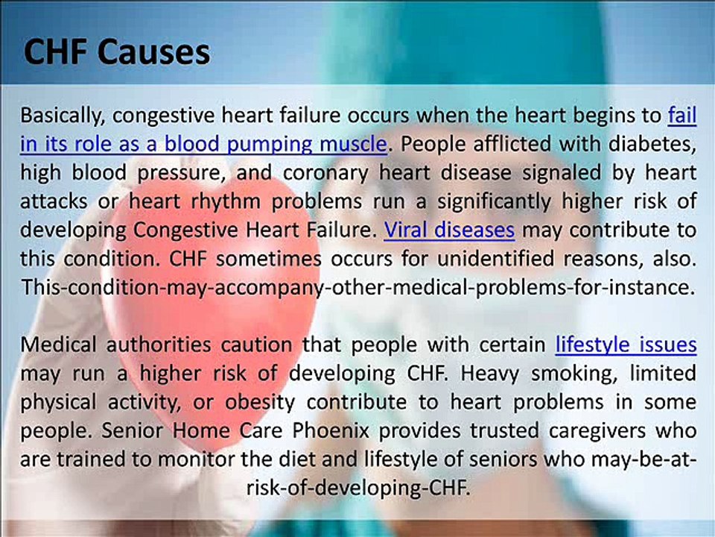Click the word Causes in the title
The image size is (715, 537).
coord(153,51)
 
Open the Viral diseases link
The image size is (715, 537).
coord(449,230)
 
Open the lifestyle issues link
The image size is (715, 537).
coord(626,345)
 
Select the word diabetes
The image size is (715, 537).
coord(652,144)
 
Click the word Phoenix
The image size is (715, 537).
coord(331,430)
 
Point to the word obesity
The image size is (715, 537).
coord(260,403)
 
